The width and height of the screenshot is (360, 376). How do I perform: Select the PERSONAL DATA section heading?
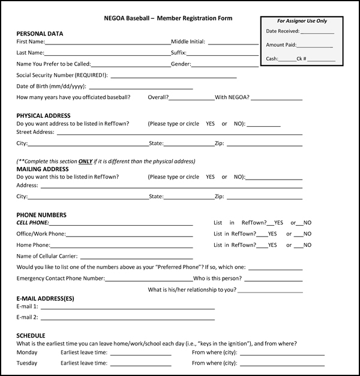[x=40, y=34]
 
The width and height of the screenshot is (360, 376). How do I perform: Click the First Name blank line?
[x=107, y=43]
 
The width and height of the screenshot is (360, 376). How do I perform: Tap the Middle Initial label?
[x=188, y=42]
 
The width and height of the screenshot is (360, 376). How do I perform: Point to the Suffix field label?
[x=179, y=53]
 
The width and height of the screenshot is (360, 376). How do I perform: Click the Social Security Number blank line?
[x=173, y=77]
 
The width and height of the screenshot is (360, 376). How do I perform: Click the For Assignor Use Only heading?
[x=302, y=21]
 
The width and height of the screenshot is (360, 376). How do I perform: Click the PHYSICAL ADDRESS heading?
[x=43, y=115]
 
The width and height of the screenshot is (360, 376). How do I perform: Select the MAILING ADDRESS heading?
[x=42, y=169]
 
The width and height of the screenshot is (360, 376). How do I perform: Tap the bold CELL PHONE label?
[x=32, y=222]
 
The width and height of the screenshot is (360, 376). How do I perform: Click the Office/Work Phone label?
[x=41, y=234]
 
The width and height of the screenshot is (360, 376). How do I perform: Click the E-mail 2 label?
[x=28, y=317]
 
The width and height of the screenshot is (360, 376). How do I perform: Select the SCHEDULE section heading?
[x=31, y=335]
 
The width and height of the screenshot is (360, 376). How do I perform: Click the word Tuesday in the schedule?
[x=27, y=363]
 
